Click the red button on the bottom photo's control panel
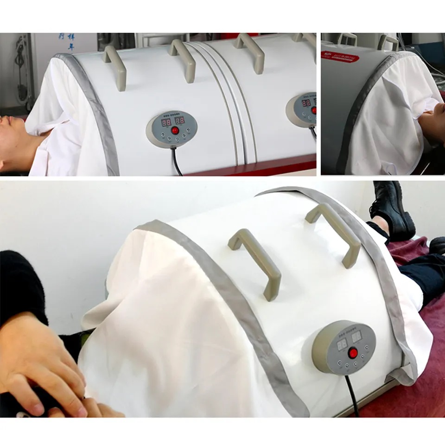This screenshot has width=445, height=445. pos(353,354)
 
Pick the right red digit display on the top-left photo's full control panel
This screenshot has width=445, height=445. pos(180,121)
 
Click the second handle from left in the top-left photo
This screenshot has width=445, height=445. pos(183,58)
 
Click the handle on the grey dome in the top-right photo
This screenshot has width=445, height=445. pos(388,42)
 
